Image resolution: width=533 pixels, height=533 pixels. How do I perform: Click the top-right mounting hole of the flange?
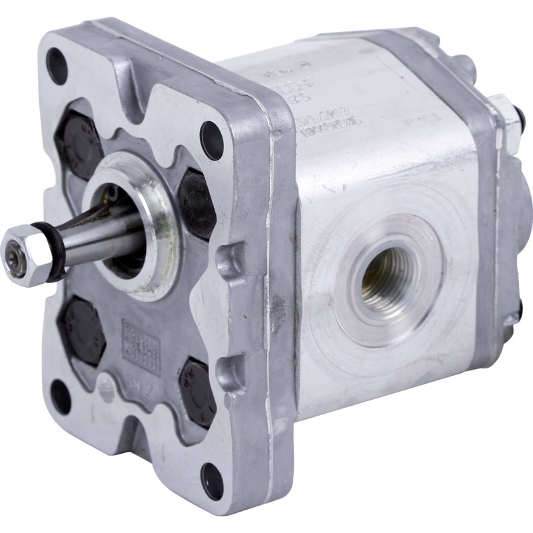(212, 141)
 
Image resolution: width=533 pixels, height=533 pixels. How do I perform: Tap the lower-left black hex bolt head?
(81, 330)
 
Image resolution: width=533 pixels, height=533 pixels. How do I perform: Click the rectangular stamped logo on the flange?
(141, 346)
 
